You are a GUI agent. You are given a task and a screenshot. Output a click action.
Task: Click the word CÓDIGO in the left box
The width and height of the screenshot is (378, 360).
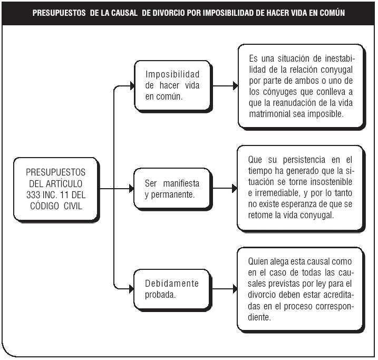coord(45,206)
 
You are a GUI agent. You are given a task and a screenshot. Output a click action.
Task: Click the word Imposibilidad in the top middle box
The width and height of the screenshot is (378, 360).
coord(172,74)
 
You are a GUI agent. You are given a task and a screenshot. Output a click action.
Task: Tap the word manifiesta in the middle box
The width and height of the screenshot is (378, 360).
coord(181,183)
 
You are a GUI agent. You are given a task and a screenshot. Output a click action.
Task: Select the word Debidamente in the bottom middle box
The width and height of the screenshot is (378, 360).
coord(172,284)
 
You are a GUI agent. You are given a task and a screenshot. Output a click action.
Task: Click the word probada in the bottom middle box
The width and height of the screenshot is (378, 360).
coord(160,295)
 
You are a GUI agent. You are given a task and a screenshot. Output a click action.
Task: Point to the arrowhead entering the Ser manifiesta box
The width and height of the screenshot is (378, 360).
coord(131,189)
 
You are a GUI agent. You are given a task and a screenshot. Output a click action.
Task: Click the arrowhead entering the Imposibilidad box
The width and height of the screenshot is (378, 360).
coord(132,86)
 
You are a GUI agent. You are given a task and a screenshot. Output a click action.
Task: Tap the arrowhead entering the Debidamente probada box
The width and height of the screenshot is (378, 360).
coord(131,289)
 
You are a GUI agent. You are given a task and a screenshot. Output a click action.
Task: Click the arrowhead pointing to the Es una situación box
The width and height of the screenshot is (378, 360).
coord(235,86)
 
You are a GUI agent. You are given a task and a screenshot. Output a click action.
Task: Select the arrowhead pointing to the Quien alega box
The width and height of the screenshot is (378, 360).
coord(235,289)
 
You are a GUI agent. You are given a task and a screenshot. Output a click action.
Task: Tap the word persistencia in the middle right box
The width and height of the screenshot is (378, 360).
coord(304,160)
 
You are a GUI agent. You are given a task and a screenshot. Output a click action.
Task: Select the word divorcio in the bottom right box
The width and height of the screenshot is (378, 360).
coord(262,295)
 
